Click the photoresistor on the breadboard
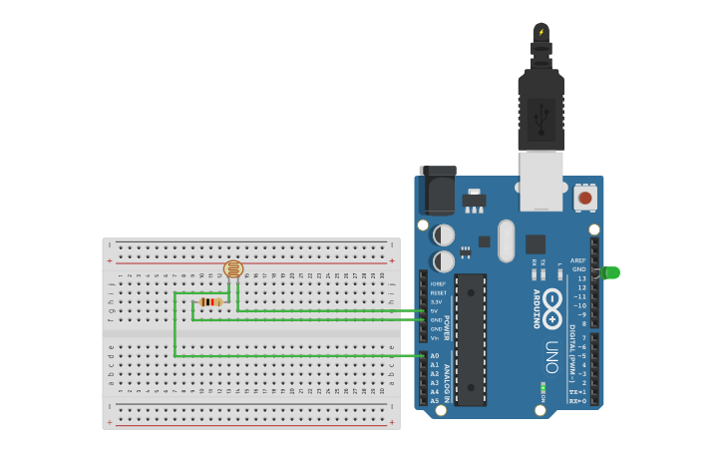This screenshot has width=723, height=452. click(x=233, y=268)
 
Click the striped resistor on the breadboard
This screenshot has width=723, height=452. click(x=210, y=301)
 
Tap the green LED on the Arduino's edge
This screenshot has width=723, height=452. click(x=610, y=272)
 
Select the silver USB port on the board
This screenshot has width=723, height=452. click(x=542, y=180)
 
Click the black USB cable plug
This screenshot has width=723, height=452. click(x=542, y=110)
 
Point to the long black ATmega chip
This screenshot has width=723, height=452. click(x=471, y=339)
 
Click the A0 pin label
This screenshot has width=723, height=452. click(x=435, y=355)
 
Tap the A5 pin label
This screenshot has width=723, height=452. click(x=435, y=400)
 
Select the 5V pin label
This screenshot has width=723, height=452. click(x=435, y=310)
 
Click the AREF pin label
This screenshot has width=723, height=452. click(x=578, y=260)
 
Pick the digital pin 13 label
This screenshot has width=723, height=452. click(x=582, y=278)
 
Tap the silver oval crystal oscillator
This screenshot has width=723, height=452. click(x=507, y=240)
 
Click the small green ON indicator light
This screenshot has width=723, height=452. click(x=542, y=387)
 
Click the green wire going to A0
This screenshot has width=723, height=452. click(x=299, y=355)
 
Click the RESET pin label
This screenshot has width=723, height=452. click(x=438, y=292)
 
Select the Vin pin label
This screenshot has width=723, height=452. click(x=435, y=337)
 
